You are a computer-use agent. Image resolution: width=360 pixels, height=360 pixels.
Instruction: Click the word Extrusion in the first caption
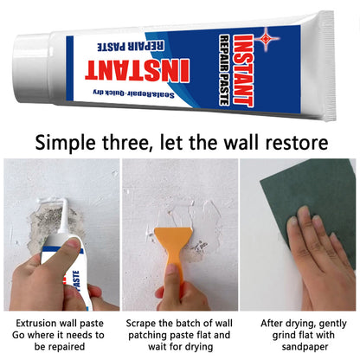34,321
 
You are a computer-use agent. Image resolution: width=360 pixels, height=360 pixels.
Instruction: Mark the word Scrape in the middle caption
145,321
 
